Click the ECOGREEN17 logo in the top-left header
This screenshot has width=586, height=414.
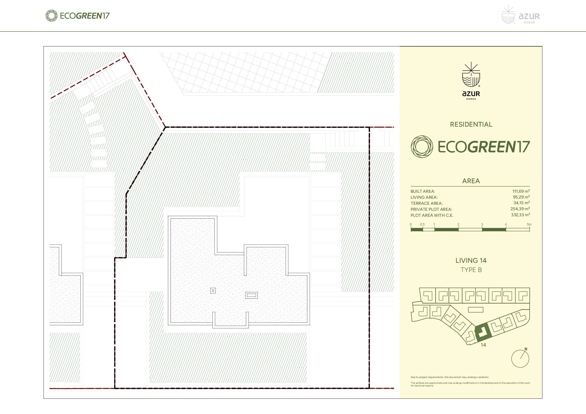point(77,16)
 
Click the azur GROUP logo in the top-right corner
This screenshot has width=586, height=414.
point(521,15)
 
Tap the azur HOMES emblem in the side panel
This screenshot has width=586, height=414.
point(471,81)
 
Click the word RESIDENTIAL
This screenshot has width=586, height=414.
point(471,124)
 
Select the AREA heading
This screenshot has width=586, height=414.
point(471,181)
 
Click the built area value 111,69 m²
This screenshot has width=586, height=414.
point(521,191)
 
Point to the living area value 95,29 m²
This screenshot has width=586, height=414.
point(521,197)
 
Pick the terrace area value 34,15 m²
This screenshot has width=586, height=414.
point(522,203)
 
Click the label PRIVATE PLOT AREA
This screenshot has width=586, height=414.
point(431,209)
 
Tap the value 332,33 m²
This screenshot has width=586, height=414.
point(520,215)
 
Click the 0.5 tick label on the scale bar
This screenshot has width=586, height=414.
point(422,224)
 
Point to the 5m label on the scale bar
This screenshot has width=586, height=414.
point(529,224)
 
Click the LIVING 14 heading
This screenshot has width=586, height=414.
point(471,261)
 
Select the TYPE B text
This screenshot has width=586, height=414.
point(471,270)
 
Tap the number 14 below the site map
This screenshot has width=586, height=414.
point(483,345)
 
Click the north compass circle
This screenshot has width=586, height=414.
point(520,359)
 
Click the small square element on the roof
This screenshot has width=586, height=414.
point(213,290)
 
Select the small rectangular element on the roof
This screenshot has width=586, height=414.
point(251,295)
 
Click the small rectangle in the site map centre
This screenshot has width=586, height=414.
point(476,310)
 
